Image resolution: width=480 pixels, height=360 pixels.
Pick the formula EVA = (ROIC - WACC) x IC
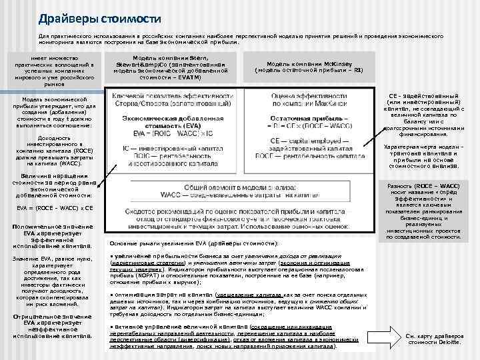pos(167,134)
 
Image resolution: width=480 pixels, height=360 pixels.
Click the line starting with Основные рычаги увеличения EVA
pos(193,243)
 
